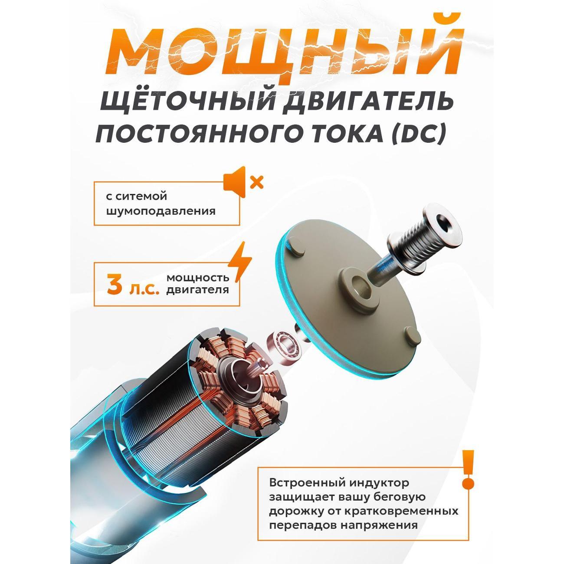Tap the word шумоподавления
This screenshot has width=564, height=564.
click(x=161, y=212)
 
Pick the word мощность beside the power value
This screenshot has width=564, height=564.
click(x=198, y=278)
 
